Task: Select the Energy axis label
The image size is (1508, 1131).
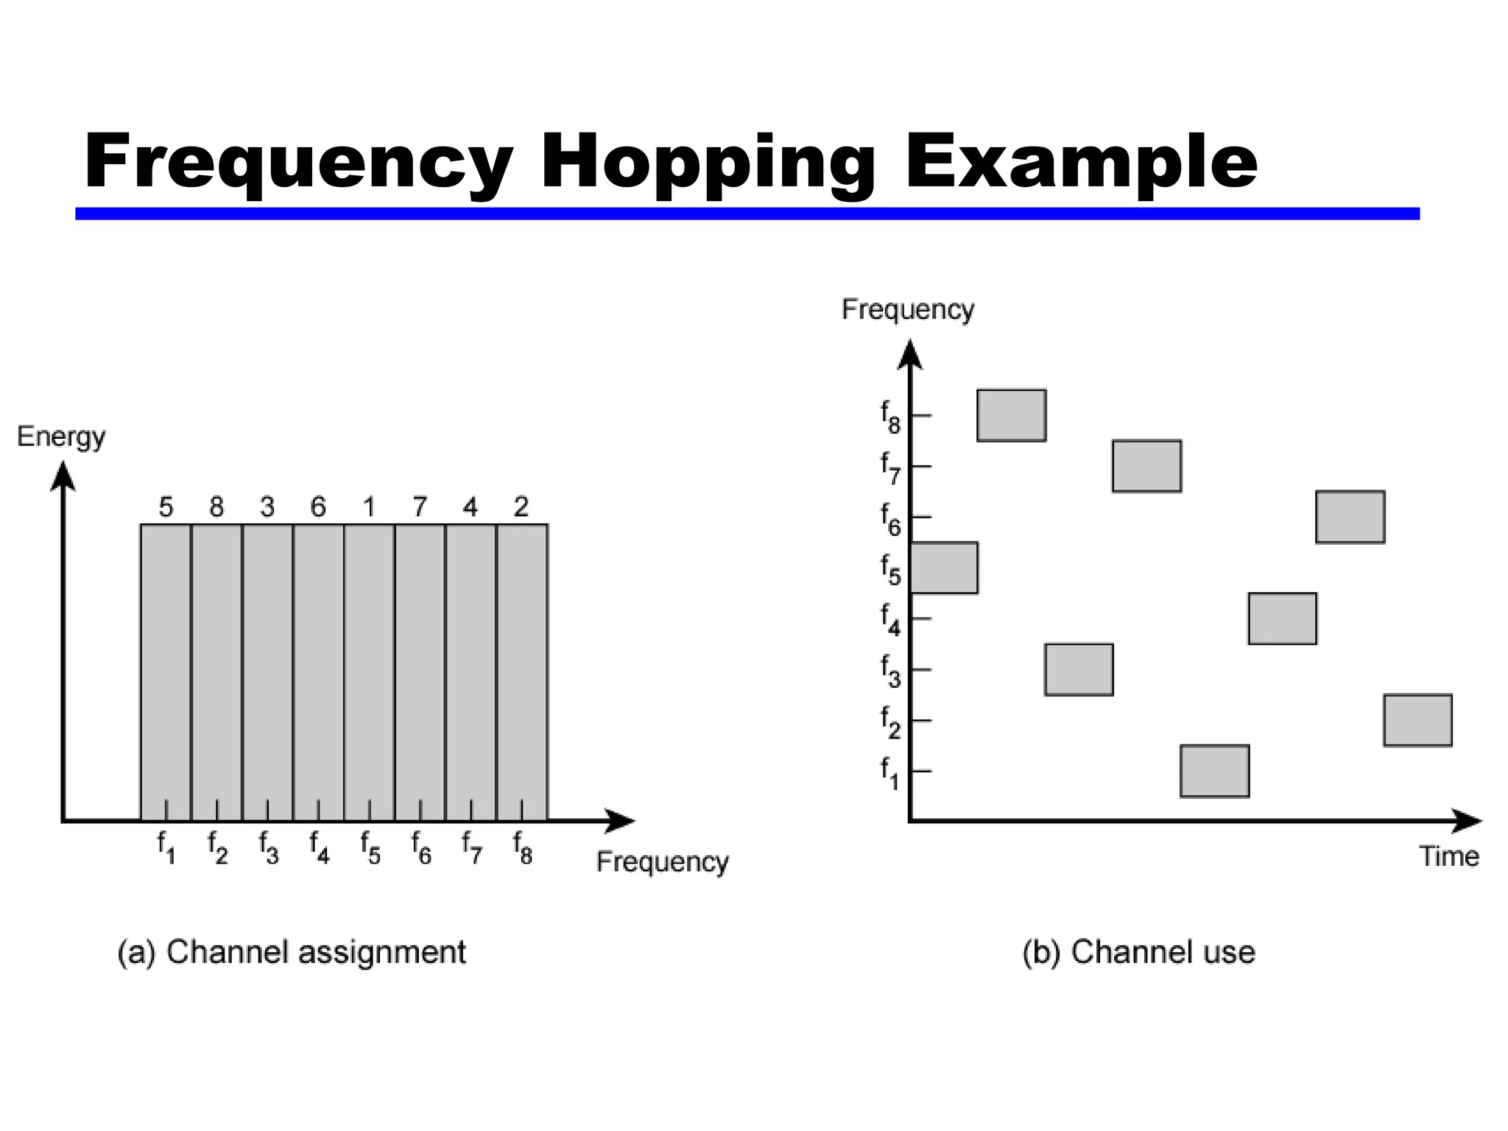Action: [61, 437]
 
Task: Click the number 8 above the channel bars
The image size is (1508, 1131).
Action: [216, 507]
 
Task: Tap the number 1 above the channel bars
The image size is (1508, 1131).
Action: [369, 507]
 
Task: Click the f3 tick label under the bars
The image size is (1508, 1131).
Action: [269, 847]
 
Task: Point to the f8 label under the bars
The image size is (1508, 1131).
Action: [523, 847]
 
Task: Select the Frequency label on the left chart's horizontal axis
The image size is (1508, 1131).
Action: [662, 862]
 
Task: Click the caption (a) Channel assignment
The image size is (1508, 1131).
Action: [292, 952]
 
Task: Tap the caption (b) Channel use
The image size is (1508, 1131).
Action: [1138, 952]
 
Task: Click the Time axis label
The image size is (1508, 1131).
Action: [1448, 856]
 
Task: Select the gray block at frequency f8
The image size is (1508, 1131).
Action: [1011, 415]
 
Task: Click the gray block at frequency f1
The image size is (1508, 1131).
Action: [1214, 771]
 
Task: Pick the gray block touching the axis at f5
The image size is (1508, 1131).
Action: [945, 568]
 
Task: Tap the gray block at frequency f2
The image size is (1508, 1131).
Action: [1417, 720]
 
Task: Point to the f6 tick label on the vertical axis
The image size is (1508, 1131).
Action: [891, 518]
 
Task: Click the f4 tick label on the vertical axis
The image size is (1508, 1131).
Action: [891, 620]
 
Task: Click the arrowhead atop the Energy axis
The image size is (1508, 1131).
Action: [63, 474]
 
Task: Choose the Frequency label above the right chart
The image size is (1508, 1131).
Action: [907, 309]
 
